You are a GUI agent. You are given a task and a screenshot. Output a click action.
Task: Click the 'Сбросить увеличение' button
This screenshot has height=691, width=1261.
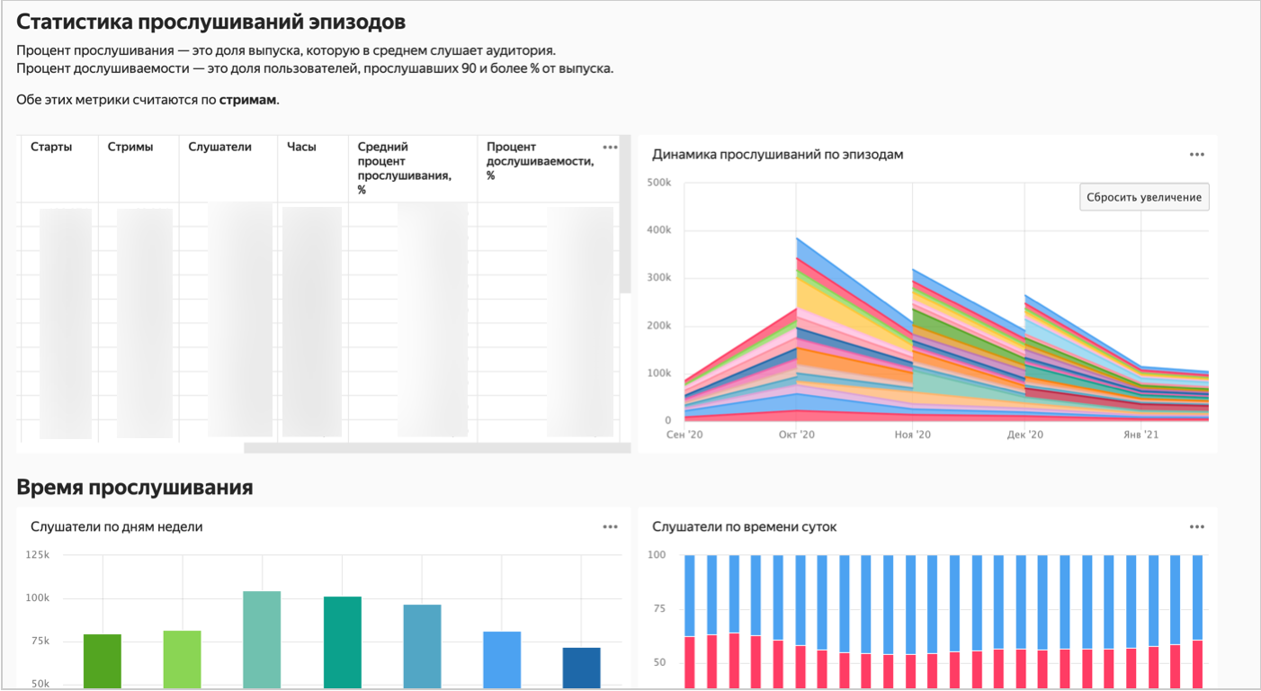click(1143, 197)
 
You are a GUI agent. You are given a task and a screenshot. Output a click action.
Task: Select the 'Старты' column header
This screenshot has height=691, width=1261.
click(51, 147)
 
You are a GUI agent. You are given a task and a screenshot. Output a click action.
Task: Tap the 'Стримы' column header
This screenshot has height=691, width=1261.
click(130, 147)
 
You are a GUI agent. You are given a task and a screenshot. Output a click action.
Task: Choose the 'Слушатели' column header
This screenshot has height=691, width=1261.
click(220, 147)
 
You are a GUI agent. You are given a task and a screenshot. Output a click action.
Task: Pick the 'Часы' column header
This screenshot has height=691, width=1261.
click(301, 147)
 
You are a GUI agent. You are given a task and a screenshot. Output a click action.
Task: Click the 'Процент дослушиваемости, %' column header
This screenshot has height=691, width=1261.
click(540, 161)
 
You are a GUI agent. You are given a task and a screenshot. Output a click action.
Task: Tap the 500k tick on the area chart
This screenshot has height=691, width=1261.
click(658, 183)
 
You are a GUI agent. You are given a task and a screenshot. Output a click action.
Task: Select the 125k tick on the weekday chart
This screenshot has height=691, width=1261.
click(38, 555)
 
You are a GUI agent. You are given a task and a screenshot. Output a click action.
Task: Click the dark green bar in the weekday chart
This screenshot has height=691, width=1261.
click(103, 661)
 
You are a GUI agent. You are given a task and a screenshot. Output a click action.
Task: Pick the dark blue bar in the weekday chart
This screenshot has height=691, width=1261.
click(581, 668)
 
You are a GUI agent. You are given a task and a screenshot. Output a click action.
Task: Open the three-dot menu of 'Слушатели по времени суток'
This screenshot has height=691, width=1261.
click(1196, 527)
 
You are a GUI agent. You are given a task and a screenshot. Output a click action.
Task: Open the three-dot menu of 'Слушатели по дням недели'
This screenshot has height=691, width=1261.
click(610, 527)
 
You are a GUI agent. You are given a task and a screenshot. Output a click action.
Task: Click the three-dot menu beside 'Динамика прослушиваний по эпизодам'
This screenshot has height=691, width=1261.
click(1196, 155)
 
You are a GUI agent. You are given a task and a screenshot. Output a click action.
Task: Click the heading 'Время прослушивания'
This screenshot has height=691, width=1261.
click(135, 488)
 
